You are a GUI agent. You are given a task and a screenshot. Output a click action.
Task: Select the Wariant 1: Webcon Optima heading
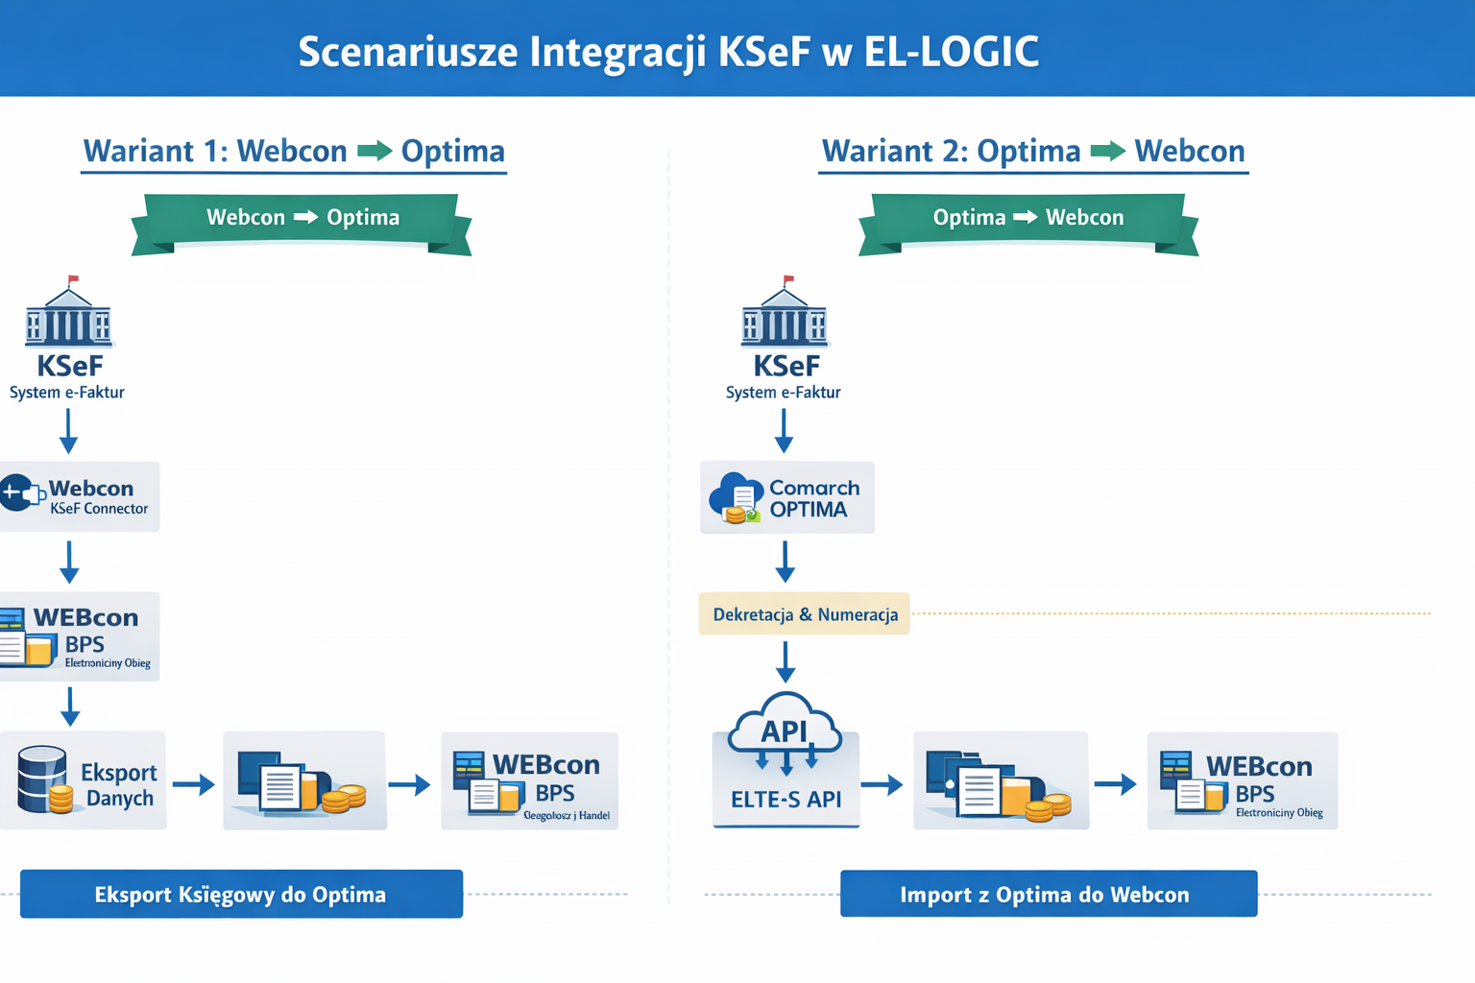(294, 152)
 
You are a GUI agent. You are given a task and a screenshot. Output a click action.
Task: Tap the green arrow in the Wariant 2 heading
(1107, 151)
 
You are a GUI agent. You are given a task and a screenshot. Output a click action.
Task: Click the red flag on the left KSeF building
(73, 280)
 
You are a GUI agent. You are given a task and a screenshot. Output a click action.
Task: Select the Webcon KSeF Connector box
(79, 497)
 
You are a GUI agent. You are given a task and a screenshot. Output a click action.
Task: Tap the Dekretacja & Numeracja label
(805, 614)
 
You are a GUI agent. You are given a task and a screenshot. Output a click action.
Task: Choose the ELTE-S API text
(786, 800)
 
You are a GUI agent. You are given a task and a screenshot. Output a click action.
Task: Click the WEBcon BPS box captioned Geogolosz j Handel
(529, 781)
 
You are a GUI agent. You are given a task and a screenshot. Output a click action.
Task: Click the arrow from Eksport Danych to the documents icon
(193, 785)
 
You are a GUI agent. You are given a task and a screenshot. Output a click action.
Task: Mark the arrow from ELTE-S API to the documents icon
(882, 785)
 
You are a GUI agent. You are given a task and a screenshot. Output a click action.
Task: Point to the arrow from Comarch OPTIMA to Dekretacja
(785, 562)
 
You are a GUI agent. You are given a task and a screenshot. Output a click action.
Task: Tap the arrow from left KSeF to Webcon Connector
(68, 430)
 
